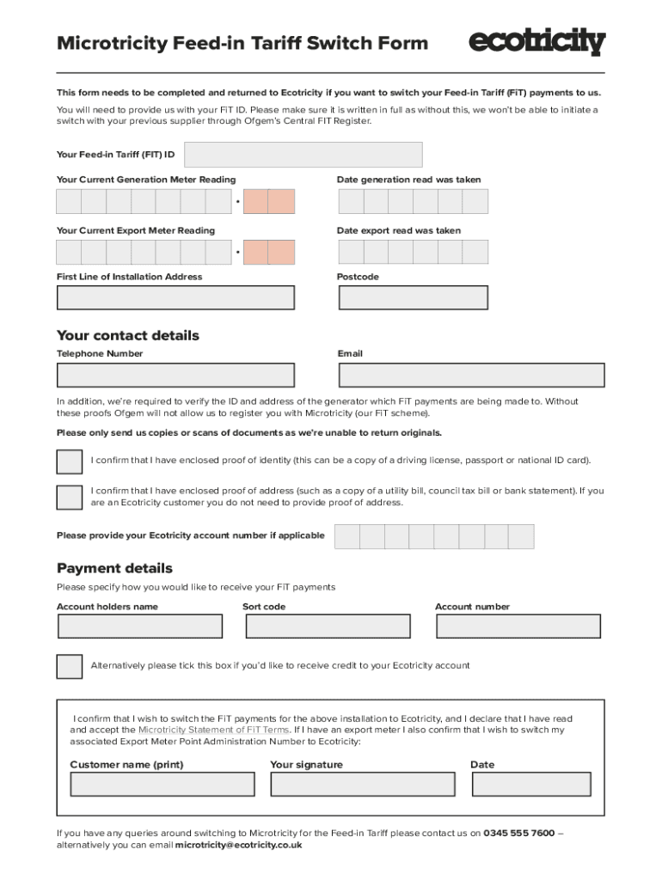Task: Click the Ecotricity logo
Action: point(537,41)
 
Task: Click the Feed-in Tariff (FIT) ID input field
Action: point(303,155)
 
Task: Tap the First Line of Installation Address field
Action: point(175,297)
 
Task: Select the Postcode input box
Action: point(413,297)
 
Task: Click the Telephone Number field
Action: point(175,376)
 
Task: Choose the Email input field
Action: point(471,376)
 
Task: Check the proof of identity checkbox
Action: point(70,461)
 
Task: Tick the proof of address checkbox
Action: point(70,498)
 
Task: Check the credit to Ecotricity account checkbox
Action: point(70,666)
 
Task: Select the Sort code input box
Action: point(328,626)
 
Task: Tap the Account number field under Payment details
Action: point(518,626)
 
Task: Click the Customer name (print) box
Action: point(162,785)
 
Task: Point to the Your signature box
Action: point(363,785)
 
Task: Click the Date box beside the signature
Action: point(531,785)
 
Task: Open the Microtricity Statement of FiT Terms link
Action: point(213,730)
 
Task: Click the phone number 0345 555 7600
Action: point(518,834)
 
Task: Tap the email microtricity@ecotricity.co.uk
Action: point(238,846)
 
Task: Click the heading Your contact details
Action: point(127,336)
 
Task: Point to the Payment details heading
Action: point(114,569)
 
